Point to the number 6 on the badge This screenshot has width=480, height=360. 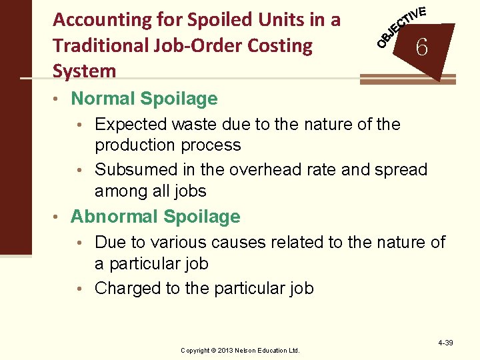pos(421,47)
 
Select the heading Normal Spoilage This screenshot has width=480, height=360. pos(144,99)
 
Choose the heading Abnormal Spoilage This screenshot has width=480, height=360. pos(155,217)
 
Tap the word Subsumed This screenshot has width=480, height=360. pos(136,170)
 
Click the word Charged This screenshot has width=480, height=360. pos(130,288)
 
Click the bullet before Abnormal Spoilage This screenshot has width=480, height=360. pos(59,217)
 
